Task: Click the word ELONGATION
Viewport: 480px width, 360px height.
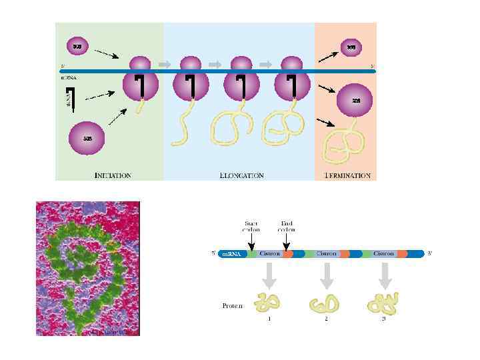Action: click(x=241, y=175)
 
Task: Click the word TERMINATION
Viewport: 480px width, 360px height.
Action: click(x=347, y=175)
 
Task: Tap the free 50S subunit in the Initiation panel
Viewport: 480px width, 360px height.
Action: click(x=87, y=137)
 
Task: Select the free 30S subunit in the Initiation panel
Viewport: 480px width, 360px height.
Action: click(x=77, y=46)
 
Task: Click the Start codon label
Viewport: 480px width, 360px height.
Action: click(x=251, y=227)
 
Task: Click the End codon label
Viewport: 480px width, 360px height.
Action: click(x=287, y=227)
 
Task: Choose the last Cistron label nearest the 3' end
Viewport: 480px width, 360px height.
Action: click(x=383, y=254)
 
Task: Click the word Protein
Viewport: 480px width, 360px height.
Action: click(x=233, y=306)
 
